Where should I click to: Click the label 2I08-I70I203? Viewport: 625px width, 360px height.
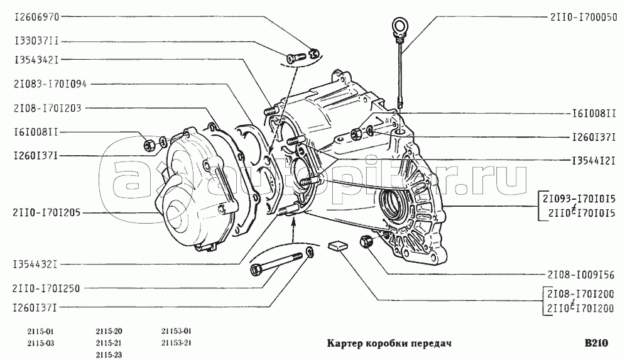pos(48,108)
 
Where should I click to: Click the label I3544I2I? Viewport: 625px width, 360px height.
pos(585,160)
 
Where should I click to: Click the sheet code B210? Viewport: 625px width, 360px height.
pos(596,344)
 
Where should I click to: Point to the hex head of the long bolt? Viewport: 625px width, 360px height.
pos(256,270)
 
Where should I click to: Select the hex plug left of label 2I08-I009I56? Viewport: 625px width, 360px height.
pos(364,241)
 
